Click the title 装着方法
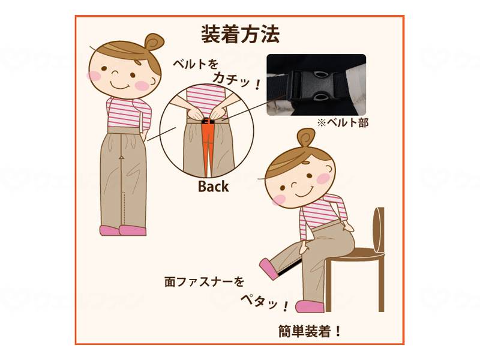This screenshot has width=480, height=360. click(240, 34)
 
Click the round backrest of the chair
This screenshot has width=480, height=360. click(378, 231)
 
